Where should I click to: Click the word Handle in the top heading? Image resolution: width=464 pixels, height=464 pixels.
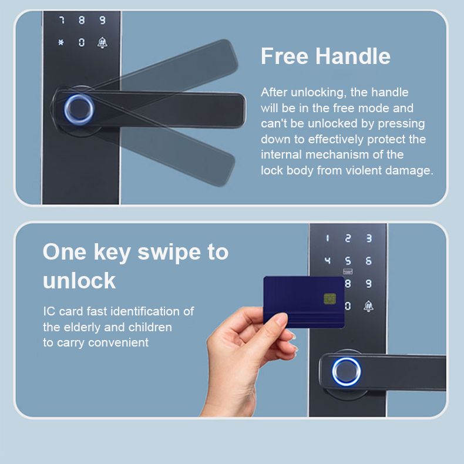353,56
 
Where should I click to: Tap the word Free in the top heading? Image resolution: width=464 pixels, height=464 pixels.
284,56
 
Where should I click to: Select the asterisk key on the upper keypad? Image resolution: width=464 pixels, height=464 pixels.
61,42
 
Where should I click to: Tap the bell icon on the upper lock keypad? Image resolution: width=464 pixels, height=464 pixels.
102,43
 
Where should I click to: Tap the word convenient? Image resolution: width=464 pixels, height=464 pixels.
119,342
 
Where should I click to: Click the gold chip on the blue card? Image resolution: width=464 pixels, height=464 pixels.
329,298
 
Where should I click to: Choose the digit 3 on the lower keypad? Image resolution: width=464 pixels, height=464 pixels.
369,238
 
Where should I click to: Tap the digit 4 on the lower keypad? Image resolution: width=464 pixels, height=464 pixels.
327,260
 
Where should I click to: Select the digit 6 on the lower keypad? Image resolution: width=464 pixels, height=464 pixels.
368,261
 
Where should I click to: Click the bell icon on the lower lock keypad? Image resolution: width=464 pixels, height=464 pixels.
368,306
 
